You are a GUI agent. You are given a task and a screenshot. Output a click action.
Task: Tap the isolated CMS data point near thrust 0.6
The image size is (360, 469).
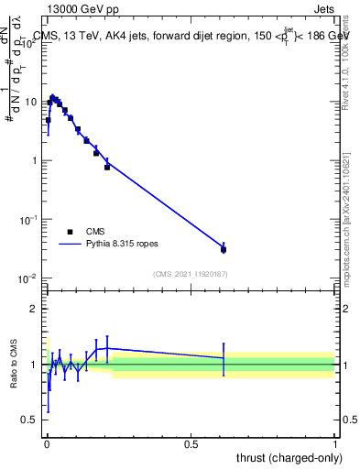(x=224, y=248)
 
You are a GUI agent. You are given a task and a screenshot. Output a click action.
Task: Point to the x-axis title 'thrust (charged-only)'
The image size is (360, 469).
(x=286, y=456)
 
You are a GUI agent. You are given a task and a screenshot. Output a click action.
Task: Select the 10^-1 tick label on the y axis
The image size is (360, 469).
(x=30, y=220)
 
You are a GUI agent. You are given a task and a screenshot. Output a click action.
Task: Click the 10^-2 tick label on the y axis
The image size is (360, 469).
(x=30, y=278)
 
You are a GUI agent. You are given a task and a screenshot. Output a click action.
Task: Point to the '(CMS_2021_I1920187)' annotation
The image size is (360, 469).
(x=190, y=274)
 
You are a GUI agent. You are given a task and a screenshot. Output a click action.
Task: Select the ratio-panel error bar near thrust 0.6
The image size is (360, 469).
(x=224, y=359)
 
